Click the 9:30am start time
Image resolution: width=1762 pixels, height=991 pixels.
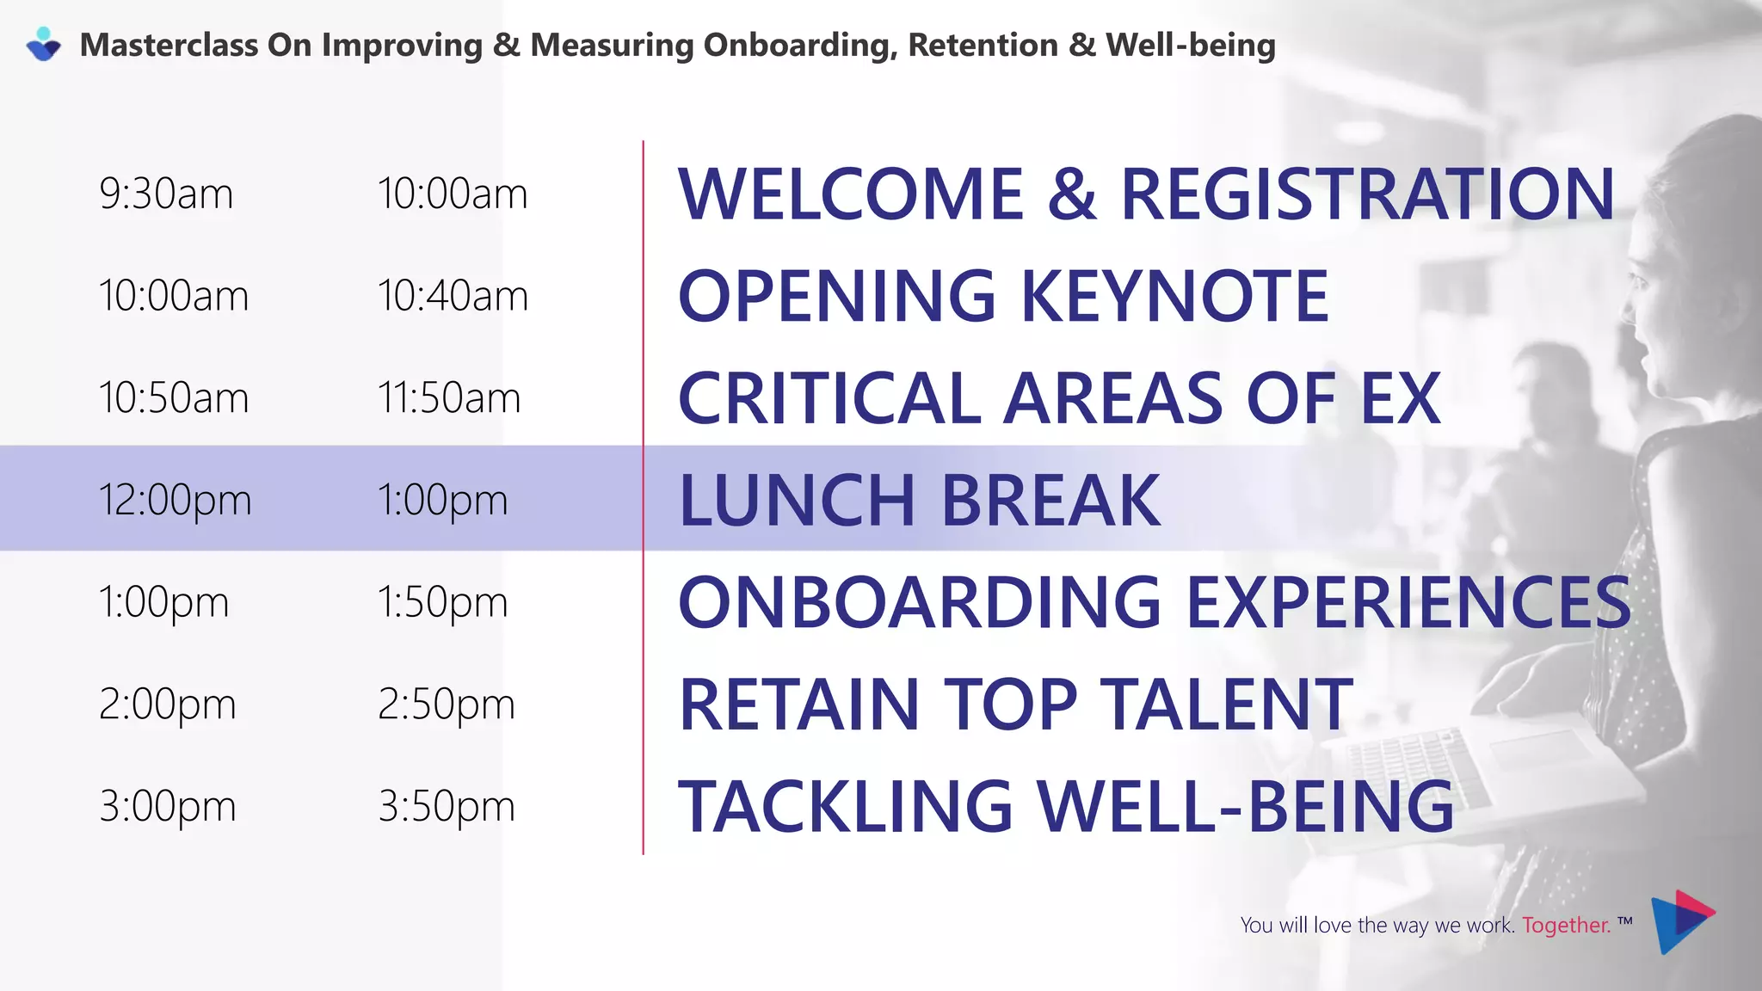(166, 194)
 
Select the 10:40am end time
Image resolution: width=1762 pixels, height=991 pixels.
(453, 297)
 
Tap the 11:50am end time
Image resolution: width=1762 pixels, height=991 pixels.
(448, 398)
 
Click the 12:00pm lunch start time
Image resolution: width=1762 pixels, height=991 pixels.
(175, 501)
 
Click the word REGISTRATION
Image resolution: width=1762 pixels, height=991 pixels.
(1367, 194)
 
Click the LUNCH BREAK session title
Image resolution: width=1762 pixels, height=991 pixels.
(919, 501)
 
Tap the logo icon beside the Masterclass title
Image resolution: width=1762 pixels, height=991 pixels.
(43, 45)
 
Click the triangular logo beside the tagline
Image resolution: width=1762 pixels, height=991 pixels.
(1681, 921)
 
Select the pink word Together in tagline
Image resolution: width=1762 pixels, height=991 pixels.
(1565, 926)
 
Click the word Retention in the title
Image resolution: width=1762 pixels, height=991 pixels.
(983, 46)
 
